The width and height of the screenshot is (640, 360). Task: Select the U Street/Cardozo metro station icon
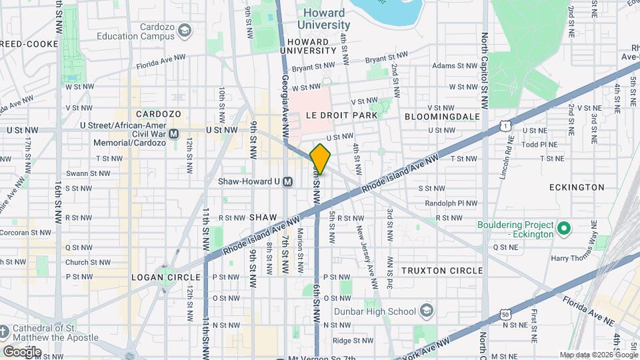[174, 133]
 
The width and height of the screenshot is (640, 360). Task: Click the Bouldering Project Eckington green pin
[564, 229]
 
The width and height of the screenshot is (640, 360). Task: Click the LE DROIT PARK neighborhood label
[341, 115]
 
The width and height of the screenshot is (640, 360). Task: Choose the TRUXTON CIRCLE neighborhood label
[441, 270]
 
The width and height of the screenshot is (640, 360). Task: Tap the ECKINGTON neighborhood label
[576, 187]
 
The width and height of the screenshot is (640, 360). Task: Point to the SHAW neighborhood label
[262, 217]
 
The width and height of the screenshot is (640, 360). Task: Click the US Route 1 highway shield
[507, 125]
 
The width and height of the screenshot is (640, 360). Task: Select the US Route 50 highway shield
[506, 313]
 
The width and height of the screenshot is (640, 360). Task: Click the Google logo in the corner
[22, 351]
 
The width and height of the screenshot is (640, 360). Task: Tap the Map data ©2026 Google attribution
[597, 355]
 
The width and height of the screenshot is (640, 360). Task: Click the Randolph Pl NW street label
[441, 203]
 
